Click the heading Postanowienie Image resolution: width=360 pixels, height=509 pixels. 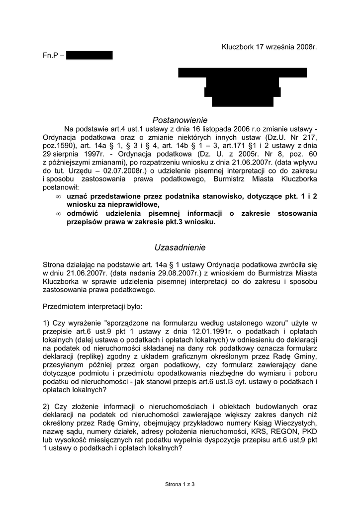180,120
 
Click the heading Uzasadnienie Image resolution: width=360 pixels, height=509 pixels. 180,247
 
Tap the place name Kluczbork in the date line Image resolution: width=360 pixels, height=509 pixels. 238,47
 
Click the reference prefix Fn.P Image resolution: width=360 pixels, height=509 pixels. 50,56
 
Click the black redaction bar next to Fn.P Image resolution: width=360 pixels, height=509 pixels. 89,56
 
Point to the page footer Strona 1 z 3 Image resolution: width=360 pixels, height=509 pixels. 180,483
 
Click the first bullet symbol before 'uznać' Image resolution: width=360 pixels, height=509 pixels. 59,197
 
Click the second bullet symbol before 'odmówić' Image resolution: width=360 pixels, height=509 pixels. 59,214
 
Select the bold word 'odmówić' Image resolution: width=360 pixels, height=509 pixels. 82,213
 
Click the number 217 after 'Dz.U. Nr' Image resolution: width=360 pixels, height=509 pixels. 309,137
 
